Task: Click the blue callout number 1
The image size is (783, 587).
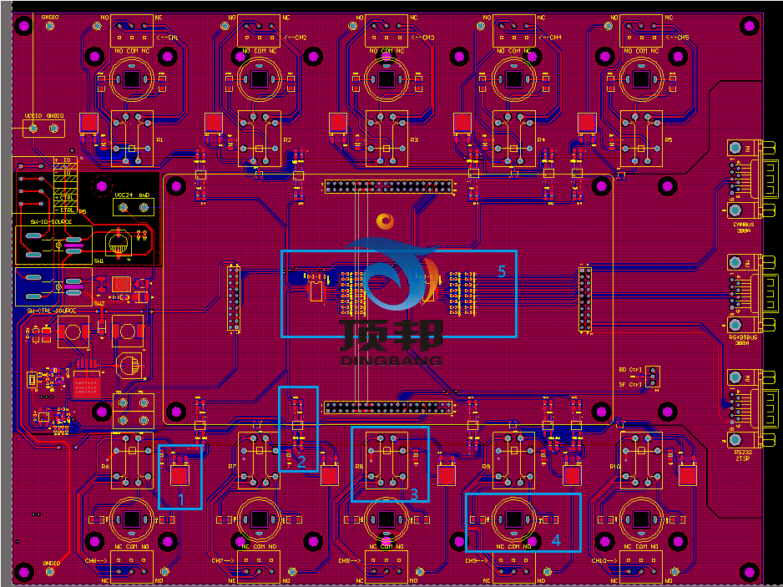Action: pyautogui.click(x=179, y=499)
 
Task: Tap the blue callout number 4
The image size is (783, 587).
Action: pyautogui.click(x=556, y=540)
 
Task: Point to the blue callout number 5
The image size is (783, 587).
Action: pyautogui.click(x=502, y=271)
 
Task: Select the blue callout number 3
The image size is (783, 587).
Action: pyautogui.click(x=413, y=493)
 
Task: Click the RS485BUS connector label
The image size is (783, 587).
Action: pyautogui.click(x=743, y=337)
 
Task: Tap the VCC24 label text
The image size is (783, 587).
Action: pyautogui.click(x=124, y=195)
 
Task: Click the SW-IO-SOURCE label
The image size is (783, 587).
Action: pyautogui.click(x=51, y=222)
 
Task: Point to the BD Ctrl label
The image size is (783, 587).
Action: pyautogui.click(x=630, y=369)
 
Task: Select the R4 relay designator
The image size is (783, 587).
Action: pyautogui.click(x=540, y=139)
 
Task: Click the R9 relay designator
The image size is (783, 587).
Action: pyautogui.click(x=486, y=467)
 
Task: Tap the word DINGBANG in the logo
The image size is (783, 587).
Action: pyautogui.click(x=391, y=360)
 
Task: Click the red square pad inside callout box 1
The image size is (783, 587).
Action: pyautogui.click(x=179, y=475)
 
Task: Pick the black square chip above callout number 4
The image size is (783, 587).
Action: pyautogui.click(x=513, y=519)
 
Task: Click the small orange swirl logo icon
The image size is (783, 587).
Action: pyautogui.click(x=385, y=220)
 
